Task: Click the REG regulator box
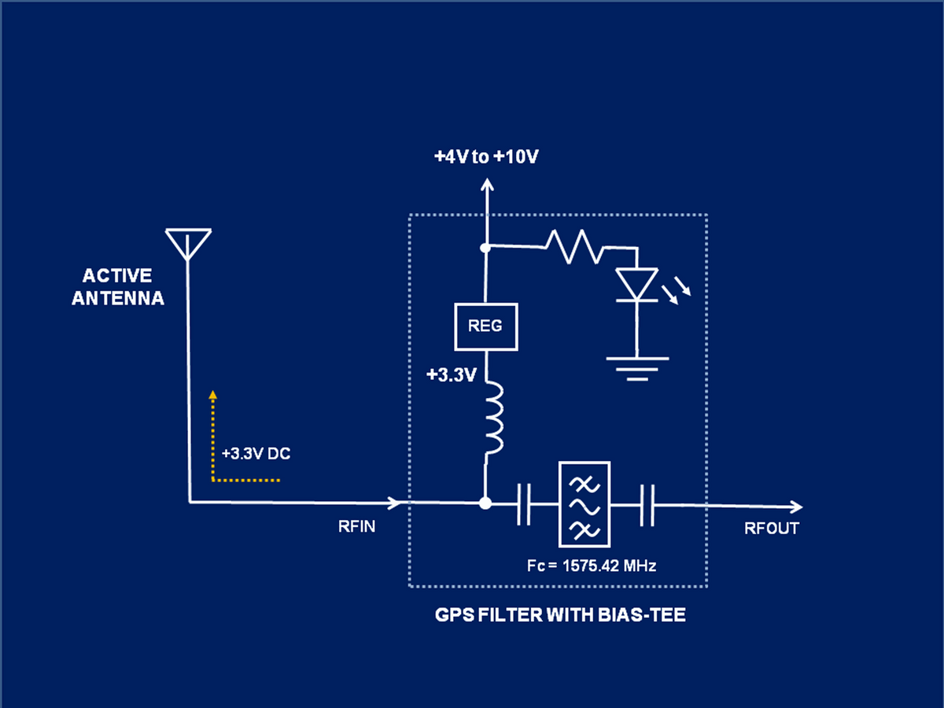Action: (x=486, y=326)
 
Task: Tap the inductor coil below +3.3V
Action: (x=493, y=418)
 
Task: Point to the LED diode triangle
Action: (x=636, y=284)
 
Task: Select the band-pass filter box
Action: (x=584, y=504)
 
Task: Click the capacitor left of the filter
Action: (x=525, y=504)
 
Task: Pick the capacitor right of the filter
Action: (x=647, y=504)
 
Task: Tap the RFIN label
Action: (x=356, y=528)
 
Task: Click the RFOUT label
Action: (x=772, y=529)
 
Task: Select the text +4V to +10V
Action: (x=486, y=157)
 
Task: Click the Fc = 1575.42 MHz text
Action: (x=592, y=566)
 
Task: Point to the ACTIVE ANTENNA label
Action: (x=118, y=287)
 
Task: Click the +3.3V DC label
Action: (x=256, y=454)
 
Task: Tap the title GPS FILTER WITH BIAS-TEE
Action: (x=560, y=615)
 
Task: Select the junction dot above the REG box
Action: (x=486, y=248)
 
